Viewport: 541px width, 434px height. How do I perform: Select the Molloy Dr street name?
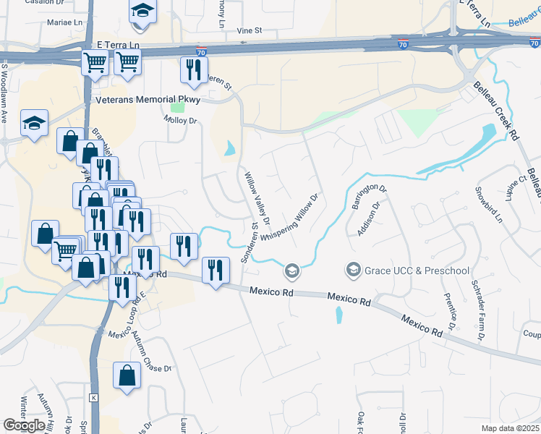click(x=180, y=120)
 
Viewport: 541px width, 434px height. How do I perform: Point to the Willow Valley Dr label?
click(x=257, y=197)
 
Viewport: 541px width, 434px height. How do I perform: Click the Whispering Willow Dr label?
click(x=289, y=218)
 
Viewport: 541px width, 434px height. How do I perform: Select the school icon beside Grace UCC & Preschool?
click(x=354, y=271)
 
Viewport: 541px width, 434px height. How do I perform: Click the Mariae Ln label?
click(x=65, y=22)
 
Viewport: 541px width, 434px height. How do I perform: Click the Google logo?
click(x=24, y=425)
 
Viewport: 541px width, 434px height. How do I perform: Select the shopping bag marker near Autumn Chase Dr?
click(x=127, y=375)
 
